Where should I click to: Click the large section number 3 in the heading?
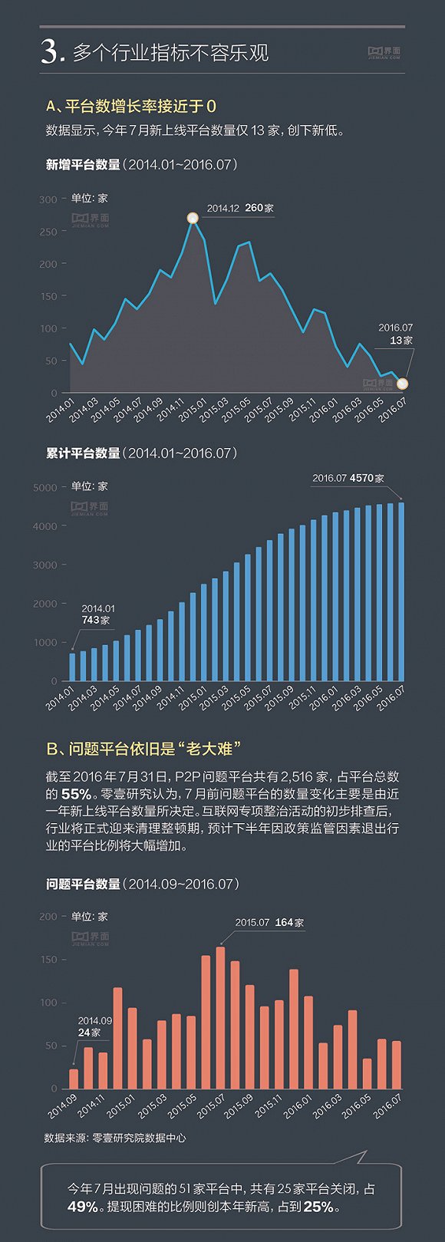pos(51,52)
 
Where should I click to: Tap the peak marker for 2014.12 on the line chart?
pos(193,219)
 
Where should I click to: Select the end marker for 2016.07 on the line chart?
pos(402,384)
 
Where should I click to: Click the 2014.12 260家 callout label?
pos(239,208)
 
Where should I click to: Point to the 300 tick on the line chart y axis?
pos(48,199)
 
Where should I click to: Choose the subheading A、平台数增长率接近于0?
pos(131,106)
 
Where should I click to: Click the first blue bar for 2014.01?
pos(72,667)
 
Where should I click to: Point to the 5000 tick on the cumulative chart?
pos(44,488)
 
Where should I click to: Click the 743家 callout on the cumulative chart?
pos(96,620)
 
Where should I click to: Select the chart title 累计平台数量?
pos(83,453)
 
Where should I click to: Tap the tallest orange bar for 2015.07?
pos(220,1017)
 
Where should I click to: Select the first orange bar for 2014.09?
pos(74,1079)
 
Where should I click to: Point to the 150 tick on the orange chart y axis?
pos(48,960)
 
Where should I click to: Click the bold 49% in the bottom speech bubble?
pos(83,1207)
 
